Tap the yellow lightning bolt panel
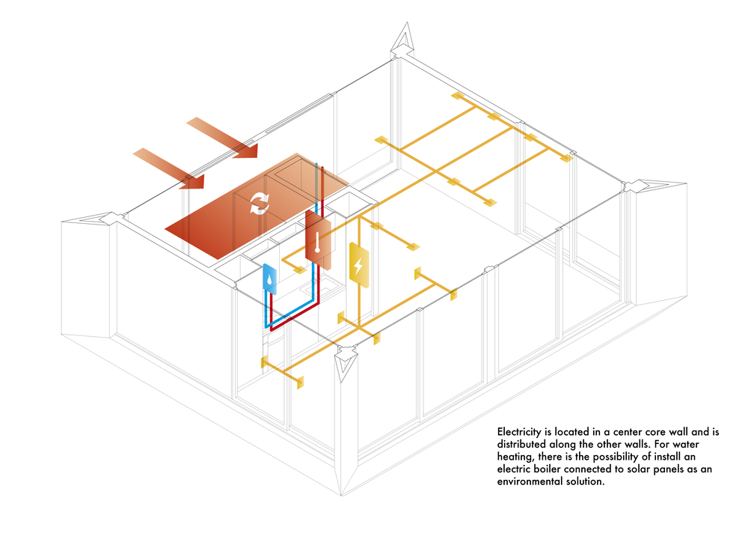pyautogui.click(x=359, y=265)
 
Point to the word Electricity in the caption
pyautogui.click(x=521, y=432)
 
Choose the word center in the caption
pyautogui.click(x=627, y=432)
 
